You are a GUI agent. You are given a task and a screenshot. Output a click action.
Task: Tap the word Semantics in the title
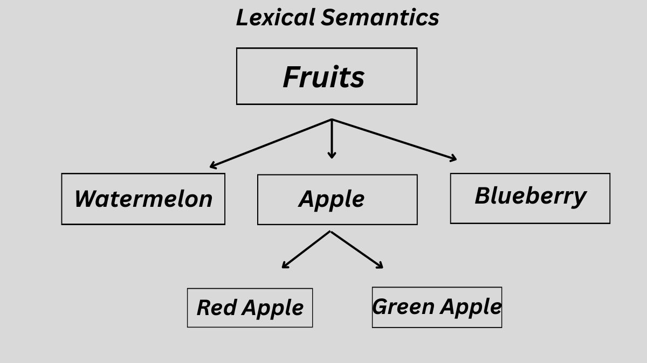(380, 17)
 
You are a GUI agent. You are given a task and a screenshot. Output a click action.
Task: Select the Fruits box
(326, 76)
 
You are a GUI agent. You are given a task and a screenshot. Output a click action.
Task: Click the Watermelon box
(143, 199)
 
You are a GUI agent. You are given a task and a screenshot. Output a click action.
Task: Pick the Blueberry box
(530, 198)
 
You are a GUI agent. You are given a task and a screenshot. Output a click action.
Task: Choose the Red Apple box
(250, 308)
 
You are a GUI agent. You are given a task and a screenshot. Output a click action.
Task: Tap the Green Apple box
(437, 307)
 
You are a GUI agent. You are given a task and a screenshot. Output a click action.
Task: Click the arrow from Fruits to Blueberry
(394, 139)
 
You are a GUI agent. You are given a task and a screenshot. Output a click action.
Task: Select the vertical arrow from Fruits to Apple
(332, 138)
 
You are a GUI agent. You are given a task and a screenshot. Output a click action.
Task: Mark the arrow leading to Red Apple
(306, 249)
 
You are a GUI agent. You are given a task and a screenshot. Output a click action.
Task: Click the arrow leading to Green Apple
(356, 249)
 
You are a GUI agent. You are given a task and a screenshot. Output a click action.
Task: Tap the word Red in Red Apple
(217, 308)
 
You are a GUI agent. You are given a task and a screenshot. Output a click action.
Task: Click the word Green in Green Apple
(403, 306)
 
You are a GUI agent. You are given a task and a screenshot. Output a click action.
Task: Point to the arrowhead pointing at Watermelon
(212, 166)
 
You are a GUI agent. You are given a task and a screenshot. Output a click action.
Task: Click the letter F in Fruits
(293, 76)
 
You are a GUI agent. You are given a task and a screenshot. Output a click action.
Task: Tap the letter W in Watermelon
(86, 199)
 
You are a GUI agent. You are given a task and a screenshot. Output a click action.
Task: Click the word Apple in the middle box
(332, 199)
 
